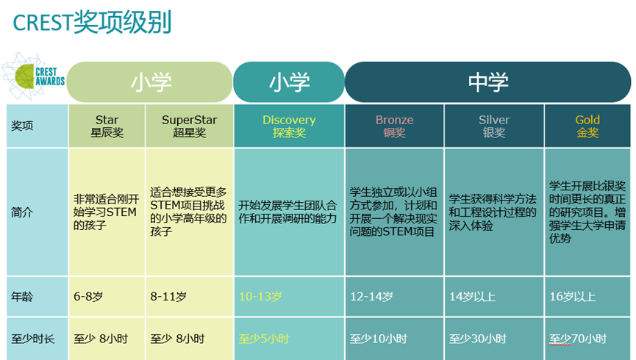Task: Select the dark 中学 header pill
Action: [487, 82]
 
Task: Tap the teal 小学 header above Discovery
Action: [289, 82]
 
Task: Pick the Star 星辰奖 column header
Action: [107, 126]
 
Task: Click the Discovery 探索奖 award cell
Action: [289, 126]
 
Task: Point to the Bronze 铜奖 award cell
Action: [394, 126]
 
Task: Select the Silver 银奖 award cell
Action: [493, 126]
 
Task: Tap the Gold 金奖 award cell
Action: [587, 126]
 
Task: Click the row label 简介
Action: [22, 212]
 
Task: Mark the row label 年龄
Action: [22, 297]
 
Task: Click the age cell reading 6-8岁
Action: [88, 297]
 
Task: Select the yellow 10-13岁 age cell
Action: [260, 297]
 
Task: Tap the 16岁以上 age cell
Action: [573, 297]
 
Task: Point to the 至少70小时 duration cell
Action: [578, 339]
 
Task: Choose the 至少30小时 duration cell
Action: [478, 339]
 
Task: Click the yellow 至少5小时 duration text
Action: [263, 339]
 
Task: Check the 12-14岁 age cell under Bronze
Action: [371, 297]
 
